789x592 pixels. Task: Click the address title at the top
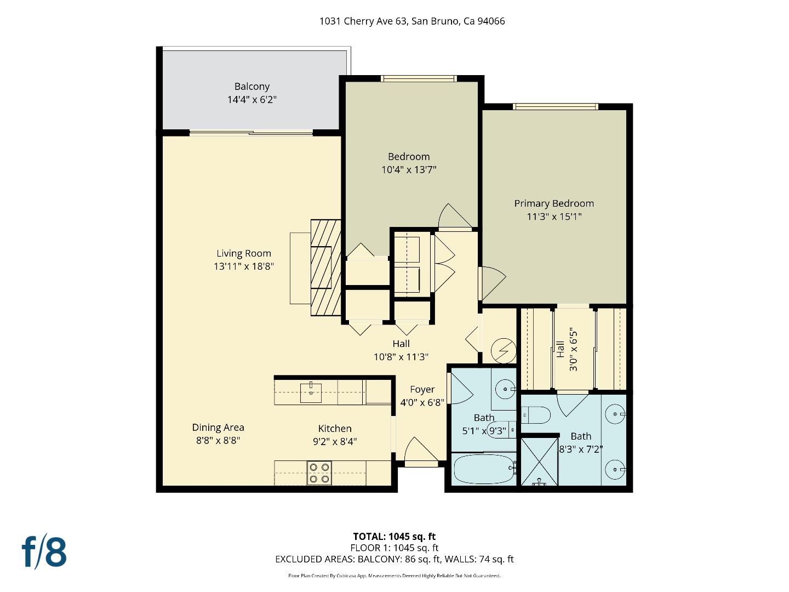point(412,21)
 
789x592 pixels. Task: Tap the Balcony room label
point(252,87)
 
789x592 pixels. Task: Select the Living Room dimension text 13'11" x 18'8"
point(244,266)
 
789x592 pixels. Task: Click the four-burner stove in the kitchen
point(319,473)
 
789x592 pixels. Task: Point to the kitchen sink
point(311,392)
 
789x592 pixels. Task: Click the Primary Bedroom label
point(554,203)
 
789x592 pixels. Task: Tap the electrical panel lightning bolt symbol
point(503,351)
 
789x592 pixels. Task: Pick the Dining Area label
point(218,428)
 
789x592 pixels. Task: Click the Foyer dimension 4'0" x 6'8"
point(422,402)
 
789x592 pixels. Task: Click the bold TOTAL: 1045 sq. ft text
point(394,537)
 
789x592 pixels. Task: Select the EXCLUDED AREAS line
point(394,559)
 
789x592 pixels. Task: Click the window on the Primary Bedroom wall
point(555,106)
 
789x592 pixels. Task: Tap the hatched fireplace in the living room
point(325,267)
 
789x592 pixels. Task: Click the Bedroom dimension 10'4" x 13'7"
point(409,170)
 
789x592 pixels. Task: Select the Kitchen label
point(335,429)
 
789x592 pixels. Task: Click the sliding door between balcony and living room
point(251,133)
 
